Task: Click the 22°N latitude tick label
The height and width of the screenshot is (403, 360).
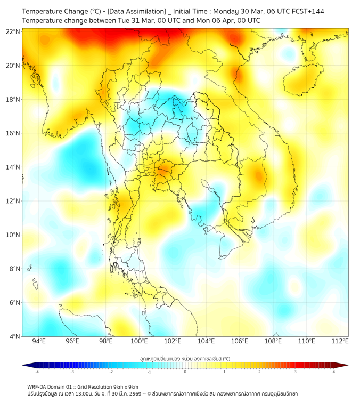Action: [14, 32]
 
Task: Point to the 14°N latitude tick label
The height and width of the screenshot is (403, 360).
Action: [14, 167]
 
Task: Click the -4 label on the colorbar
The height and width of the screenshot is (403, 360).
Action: [37, 372]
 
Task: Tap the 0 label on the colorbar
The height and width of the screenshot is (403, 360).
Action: [185, 372]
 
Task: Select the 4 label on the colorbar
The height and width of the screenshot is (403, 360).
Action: [334, 372]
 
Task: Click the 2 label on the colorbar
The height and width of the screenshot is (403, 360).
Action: [259, 372]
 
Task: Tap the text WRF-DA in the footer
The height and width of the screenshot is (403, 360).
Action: [37, 386]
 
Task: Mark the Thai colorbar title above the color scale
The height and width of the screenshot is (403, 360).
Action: [185, 359]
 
